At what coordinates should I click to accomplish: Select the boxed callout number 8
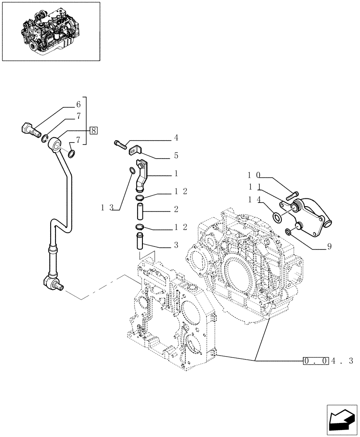[x=93, y=130]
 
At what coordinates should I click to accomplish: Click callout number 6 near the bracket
[x=78, y=104]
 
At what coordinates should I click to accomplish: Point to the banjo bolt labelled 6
[x=30, y=129]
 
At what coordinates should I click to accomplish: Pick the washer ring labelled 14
[x=277, y=217]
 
